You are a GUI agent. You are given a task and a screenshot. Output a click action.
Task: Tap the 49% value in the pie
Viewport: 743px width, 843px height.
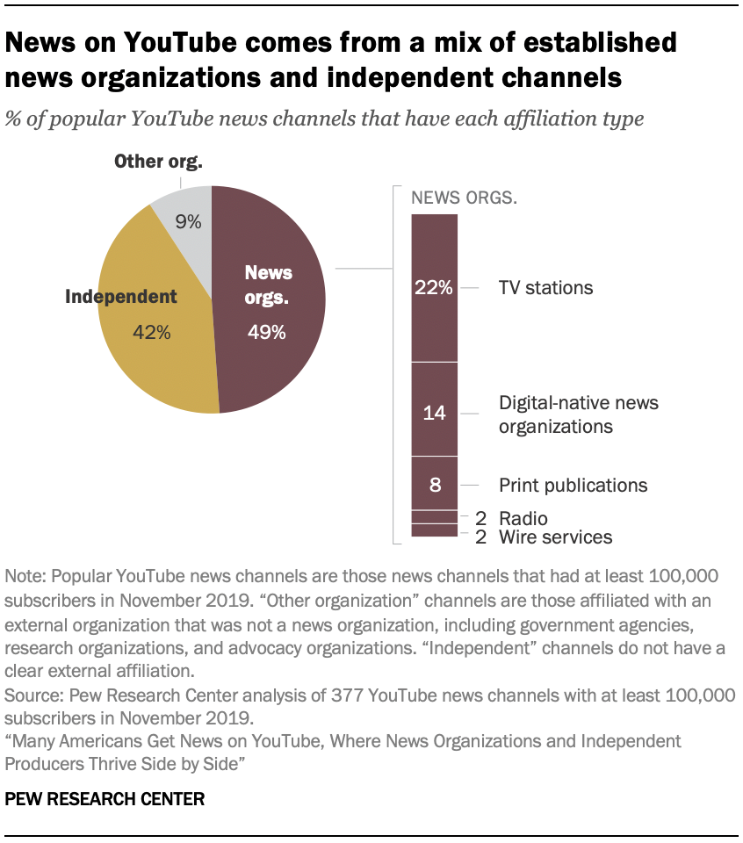[266, 332]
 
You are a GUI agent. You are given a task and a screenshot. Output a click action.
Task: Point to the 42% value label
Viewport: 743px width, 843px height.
[151, 332]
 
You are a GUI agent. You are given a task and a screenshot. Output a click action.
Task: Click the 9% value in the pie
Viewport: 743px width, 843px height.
[187, 222]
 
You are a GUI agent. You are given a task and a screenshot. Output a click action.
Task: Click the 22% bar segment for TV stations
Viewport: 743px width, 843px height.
[435, 287]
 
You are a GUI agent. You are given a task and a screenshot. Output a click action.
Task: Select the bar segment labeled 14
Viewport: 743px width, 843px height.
[435, 413]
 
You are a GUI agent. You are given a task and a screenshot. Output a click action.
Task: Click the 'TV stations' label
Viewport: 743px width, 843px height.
[545, 287]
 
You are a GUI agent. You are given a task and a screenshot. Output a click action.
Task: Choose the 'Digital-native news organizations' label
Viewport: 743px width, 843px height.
[578, 414]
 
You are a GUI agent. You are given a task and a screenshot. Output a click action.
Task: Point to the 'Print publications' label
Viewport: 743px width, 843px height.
[573, 485]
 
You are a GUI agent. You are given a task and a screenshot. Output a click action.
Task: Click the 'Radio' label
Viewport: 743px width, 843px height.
[523, 518]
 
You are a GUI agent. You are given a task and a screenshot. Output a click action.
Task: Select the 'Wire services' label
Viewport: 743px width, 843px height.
[555, 537]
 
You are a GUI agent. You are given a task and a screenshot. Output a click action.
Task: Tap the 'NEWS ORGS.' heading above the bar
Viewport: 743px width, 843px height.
[465, 197]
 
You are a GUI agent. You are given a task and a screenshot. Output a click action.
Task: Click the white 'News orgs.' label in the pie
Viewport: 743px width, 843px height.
[268, 285]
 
